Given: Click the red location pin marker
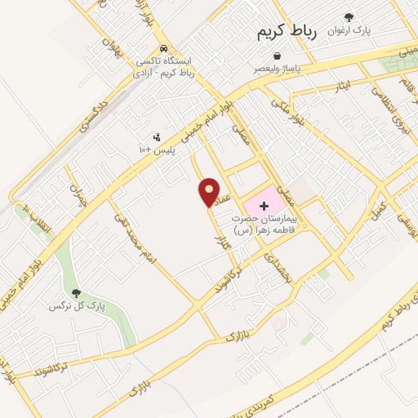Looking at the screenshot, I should tap(209, 191).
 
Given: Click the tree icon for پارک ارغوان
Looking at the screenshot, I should tap(349, 17).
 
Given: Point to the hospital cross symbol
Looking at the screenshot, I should tap(264, 204).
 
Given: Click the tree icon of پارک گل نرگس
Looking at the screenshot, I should tap(77, 292).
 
